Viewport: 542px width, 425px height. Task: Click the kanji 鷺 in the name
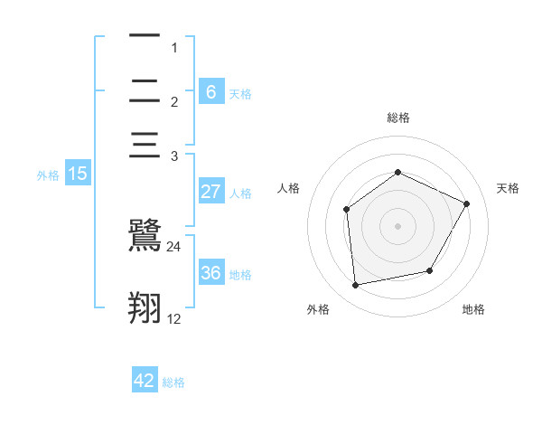pyautogui.click(x=145, y=236)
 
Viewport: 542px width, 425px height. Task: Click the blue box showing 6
pyautogui.click(x=210, y=91)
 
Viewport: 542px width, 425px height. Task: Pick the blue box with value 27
pyautogui.click(x=210, y=192)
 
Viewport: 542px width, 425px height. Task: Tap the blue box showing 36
pyautogui.click(x=210, y=273)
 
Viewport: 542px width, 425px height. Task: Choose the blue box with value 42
pyautogui.click(x=145, y=381)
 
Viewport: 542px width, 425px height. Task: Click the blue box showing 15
pyautogui.click(x=78, y=174)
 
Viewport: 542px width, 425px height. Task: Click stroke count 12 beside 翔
pyautogui.click(x=174, y=319)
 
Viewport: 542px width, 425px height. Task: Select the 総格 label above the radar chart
pyautogui.click(x=397, y=118)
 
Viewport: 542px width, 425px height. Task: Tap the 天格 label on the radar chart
pyautogui.click(x=508, y=188)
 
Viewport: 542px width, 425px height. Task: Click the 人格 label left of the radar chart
pyautogui.click(x=288, y=188)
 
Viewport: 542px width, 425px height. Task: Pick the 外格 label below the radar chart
pyautogui.click(x=317, y=309)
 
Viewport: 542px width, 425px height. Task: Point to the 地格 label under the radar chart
pyautogui.click(x=473, y=309)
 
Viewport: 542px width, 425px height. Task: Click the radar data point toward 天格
pyautogui.click(x=467, y=203)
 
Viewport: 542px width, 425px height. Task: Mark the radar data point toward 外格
pyautogui.click(x=356, y=285)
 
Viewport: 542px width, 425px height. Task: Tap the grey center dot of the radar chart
pyautogui.click(x=397, y=226)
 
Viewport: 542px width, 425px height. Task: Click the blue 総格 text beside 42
pyautogui.click(x=173, y=382)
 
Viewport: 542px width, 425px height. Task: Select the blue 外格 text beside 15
pyautogui.click(x=48, y=175)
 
